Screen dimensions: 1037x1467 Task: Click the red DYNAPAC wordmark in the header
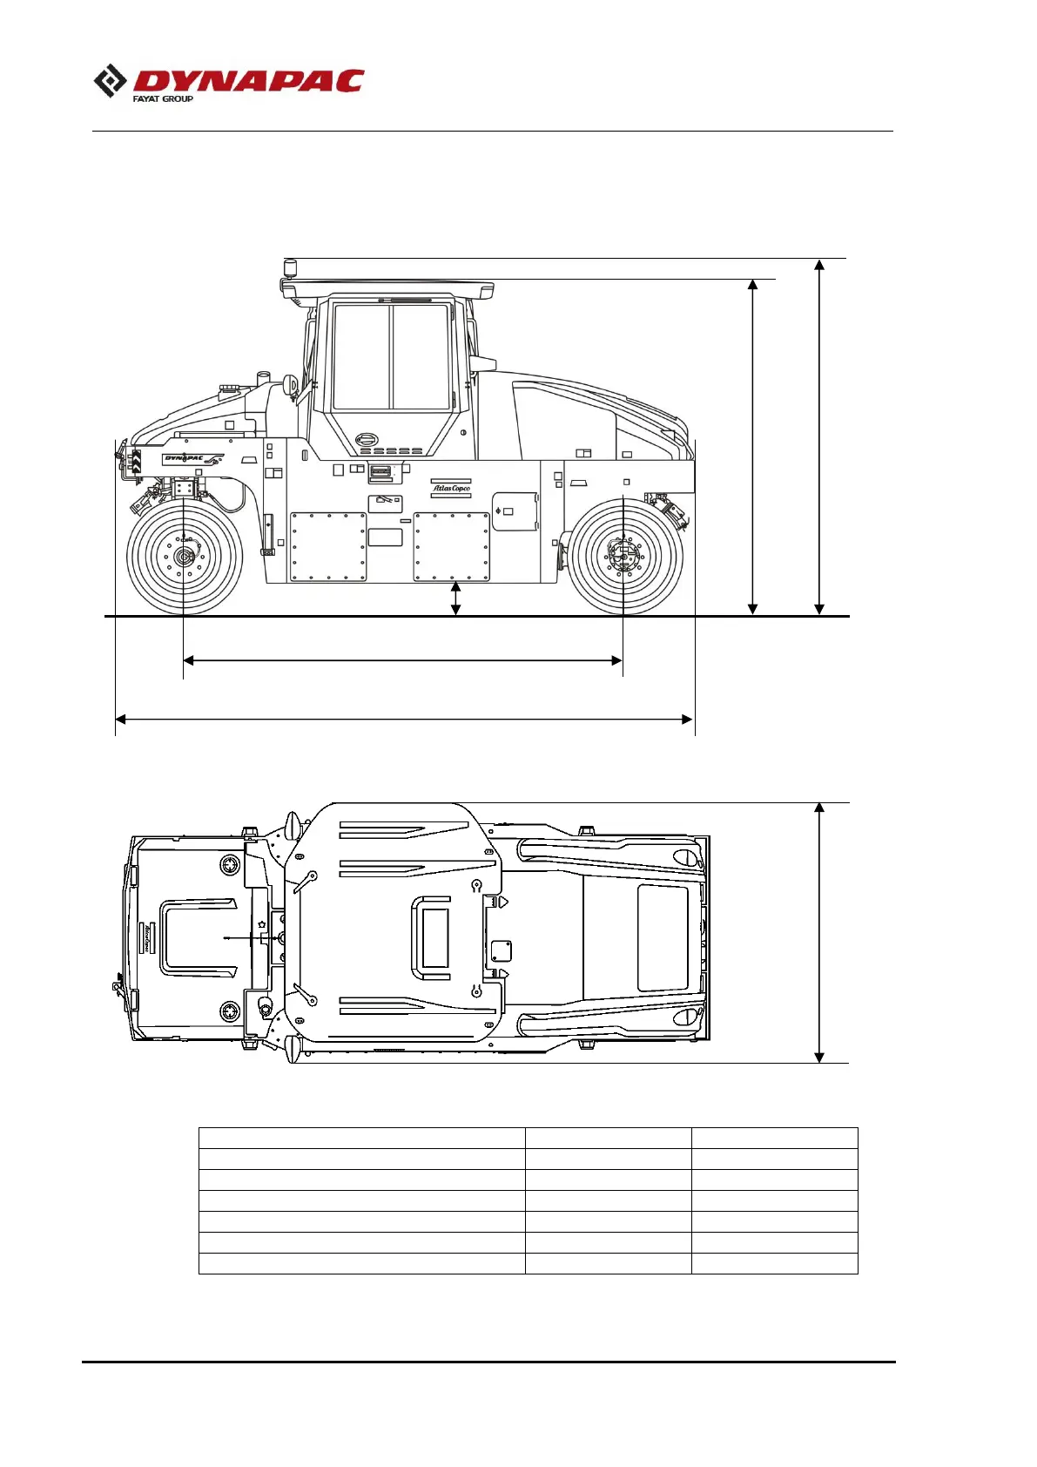point(249,80)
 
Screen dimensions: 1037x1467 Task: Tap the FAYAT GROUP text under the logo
point(163,99)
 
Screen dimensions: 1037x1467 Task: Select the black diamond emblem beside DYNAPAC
point(110,81)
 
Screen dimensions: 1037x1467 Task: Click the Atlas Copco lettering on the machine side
point(452,488)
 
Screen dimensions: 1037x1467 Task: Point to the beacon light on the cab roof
point(289,267)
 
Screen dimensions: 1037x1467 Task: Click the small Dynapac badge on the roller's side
point(192,459)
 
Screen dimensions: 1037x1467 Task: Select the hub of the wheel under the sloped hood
point(624,557)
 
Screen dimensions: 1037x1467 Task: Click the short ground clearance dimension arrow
point(456,598)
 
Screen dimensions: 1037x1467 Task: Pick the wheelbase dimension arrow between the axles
point(402,660)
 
